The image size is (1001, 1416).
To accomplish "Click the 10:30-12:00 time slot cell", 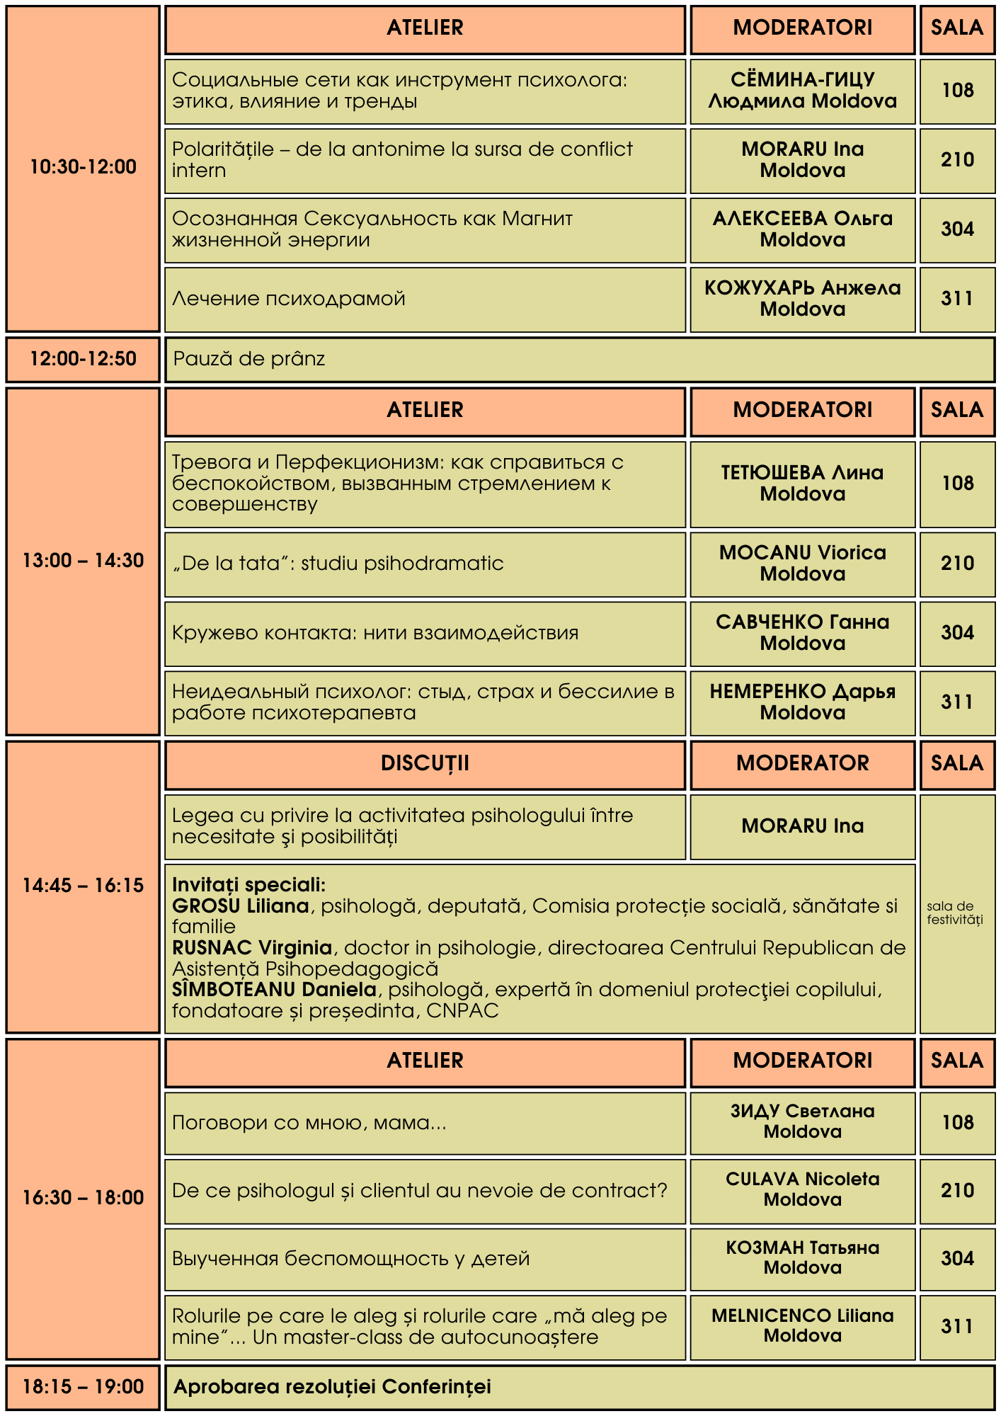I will click(x=83, y=167).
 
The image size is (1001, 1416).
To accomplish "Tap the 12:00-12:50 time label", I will click(x=83, y=359).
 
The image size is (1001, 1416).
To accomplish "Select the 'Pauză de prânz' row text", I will click(x=249, y=359).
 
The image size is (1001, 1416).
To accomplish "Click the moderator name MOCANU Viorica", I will click(x=802, y=553).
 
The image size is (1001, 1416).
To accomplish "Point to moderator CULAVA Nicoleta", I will click(x=802, y=1179).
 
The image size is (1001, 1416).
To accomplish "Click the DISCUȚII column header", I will click(x=425, y=763).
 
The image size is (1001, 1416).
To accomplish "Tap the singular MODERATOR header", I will click(x=802, y=763).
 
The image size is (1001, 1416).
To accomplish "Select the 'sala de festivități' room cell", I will click(x=956, y=913).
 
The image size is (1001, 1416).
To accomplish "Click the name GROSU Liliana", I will click(x=241, y=906).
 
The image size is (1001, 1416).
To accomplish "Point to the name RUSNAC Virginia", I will click(x=252, y=948).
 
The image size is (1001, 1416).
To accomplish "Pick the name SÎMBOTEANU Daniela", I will click(x=275, y=989).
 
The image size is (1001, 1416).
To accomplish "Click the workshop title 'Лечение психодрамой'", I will click(x=289, y=299).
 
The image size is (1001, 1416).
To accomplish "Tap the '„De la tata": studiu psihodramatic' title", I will click(x=338, y=564).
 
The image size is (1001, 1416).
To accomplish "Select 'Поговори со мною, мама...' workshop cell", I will click(x=309, y=1123).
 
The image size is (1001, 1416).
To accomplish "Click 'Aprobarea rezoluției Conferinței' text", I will click(x=333, y=1387).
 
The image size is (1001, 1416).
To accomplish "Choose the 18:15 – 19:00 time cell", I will click(x=83, y=1387).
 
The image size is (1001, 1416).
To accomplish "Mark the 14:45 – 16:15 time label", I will click(x=83, y=886).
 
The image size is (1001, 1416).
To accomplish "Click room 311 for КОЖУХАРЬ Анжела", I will click(x=957, y=299).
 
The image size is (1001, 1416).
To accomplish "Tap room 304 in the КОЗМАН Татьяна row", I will click(x=957, y=1258).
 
